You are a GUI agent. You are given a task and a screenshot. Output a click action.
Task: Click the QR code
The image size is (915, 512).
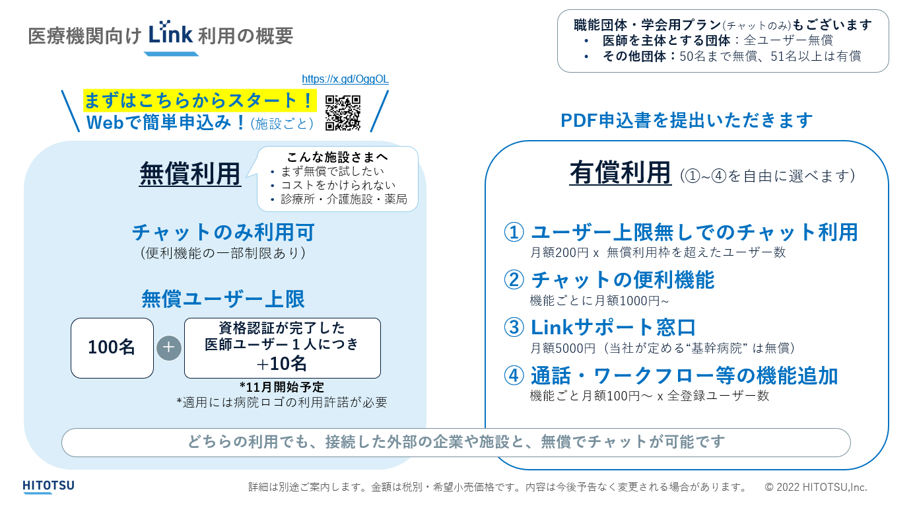point(343,113)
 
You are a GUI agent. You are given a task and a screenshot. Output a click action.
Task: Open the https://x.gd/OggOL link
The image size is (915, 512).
point(345,79)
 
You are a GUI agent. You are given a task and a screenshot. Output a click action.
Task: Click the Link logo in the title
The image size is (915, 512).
point(170,34)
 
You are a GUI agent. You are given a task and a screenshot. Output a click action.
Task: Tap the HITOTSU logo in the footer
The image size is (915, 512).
point(48,487)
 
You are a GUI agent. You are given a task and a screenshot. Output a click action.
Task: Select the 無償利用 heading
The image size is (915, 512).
point(190,174)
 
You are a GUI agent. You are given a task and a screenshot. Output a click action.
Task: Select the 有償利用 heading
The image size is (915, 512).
point(621,174)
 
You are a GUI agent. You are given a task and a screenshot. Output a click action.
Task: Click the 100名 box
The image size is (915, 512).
point(112,347)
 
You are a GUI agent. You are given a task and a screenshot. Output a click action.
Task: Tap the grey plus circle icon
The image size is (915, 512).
point(169,347)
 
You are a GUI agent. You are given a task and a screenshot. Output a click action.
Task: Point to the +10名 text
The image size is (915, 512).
point(282,364)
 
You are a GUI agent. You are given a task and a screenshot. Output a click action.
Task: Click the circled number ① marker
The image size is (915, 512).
point(514,232)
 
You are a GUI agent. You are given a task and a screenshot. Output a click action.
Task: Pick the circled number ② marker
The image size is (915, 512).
point(514,279)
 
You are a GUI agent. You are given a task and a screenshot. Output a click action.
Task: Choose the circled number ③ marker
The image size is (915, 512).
point(514,327)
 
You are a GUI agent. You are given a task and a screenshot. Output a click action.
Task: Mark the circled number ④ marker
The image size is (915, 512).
point(514,375)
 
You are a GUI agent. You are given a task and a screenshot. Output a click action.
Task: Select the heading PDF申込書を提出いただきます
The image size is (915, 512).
point(687,120)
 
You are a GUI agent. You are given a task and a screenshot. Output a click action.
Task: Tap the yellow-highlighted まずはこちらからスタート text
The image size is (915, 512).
point(199,101)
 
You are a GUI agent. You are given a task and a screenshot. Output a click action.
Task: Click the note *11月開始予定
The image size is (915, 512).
point(282,387)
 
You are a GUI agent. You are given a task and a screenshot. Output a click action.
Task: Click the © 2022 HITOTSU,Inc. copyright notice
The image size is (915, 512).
point(816,487)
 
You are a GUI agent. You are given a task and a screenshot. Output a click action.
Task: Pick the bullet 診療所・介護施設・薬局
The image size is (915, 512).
point(343,200)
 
